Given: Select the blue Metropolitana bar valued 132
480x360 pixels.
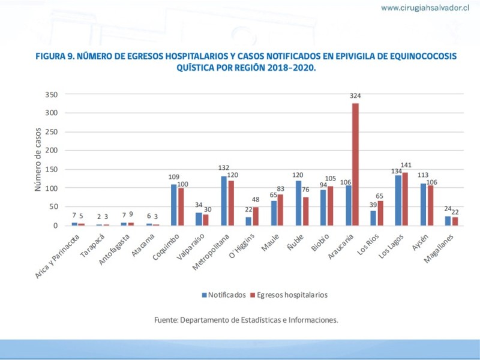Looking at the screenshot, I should tap(224, 200).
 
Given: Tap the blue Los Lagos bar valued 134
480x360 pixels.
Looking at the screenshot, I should tap(398, 200).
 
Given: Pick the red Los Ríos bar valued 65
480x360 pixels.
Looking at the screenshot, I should tap(380, 213).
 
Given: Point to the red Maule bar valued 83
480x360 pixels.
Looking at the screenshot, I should tap(280, 210).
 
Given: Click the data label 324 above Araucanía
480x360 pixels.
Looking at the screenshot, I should tap(356, 96).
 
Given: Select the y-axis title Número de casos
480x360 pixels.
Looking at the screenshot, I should tap(37, 160).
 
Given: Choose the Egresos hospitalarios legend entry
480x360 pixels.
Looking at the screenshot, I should tap(291, 295).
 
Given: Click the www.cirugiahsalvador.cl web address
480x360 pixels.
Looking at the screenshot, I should tap(425, 8).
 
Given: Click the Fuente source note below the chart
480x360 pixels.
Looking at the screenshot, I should tap(246, 320).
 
